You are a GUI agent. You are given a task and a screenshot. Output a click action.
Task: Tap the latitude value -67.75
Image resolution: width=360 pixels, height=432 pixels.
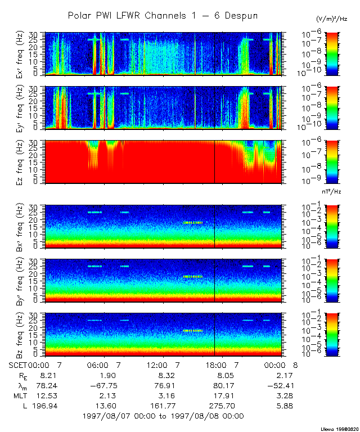pos(103,385)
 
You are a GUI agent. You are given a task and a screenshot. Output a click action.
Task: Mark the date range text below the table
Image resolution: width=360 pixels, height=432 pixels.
pos(163,416)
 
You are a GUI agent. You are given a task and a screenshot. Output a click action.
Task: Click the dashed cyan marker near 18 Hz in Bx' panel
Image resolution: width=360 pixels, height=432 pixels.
pos(193,222)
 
